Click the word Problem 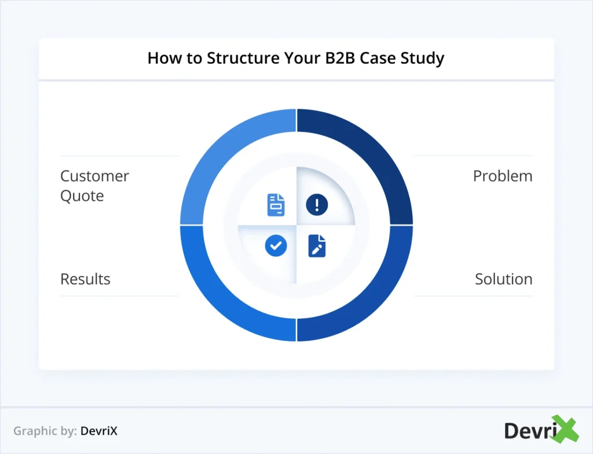click(x=502, y=176)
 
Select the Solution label click(x=503, y=279)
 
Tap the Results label click(x=85, y=279)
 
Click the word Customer click(x=94, y=176)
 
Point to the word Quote click(x=82, y=196)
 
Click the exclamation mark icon click(x=317, y=205)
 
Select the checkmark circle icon click(x=276, y=246)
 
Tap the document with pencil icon click(x=317, y=246)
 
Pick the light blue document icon click(x=276, y=205)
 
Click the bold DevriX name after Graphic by click(x=99, y=431)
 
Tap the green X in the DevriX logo click(x=565, y=430)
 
